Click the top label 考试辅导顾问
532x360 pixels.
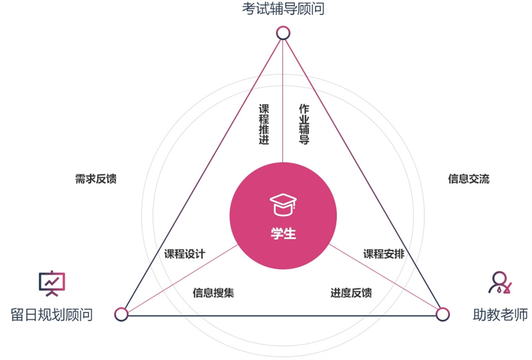(x=283, y=9)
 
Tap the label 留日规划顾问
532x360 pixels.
(x=51, y=314)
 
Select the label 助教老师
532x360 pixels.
(x=500, y=314)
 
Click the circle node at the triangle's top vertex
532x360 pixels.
(x=283, y=33)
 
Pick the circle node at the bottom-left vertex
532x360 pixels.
(x=121, y=314)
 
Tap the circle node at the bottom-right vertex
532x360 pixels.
(x=442, y=314)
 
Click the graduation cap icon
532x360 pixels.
(x=283, y=205)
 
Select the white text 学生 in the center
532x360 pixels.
(x=283, y=234)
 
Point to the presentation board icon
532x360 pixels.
(x=52, y=283)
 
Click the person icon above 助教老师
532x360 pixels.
(x=500, y=282)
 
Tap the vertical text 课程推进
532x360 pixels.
(x=264, y=124)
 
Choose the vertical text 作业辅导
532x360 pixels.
(x=304, y=124)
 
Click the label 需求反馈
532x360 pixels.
(x=96, y=179)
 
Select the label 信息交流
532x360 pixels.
(x=468, y=179)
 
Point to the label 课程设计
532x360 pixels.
(x=184, y=254)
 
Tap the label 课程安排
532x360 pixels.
(x=384, y=254)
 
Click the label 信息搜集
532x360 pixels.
(x=213, y=293)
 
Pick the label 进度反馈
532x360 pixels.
(x=351, y=293)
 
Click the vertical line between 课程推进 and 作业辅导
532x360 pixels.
(x=283, y=101)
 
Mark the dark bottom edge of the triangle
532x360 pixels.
(x=282, y=316)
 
